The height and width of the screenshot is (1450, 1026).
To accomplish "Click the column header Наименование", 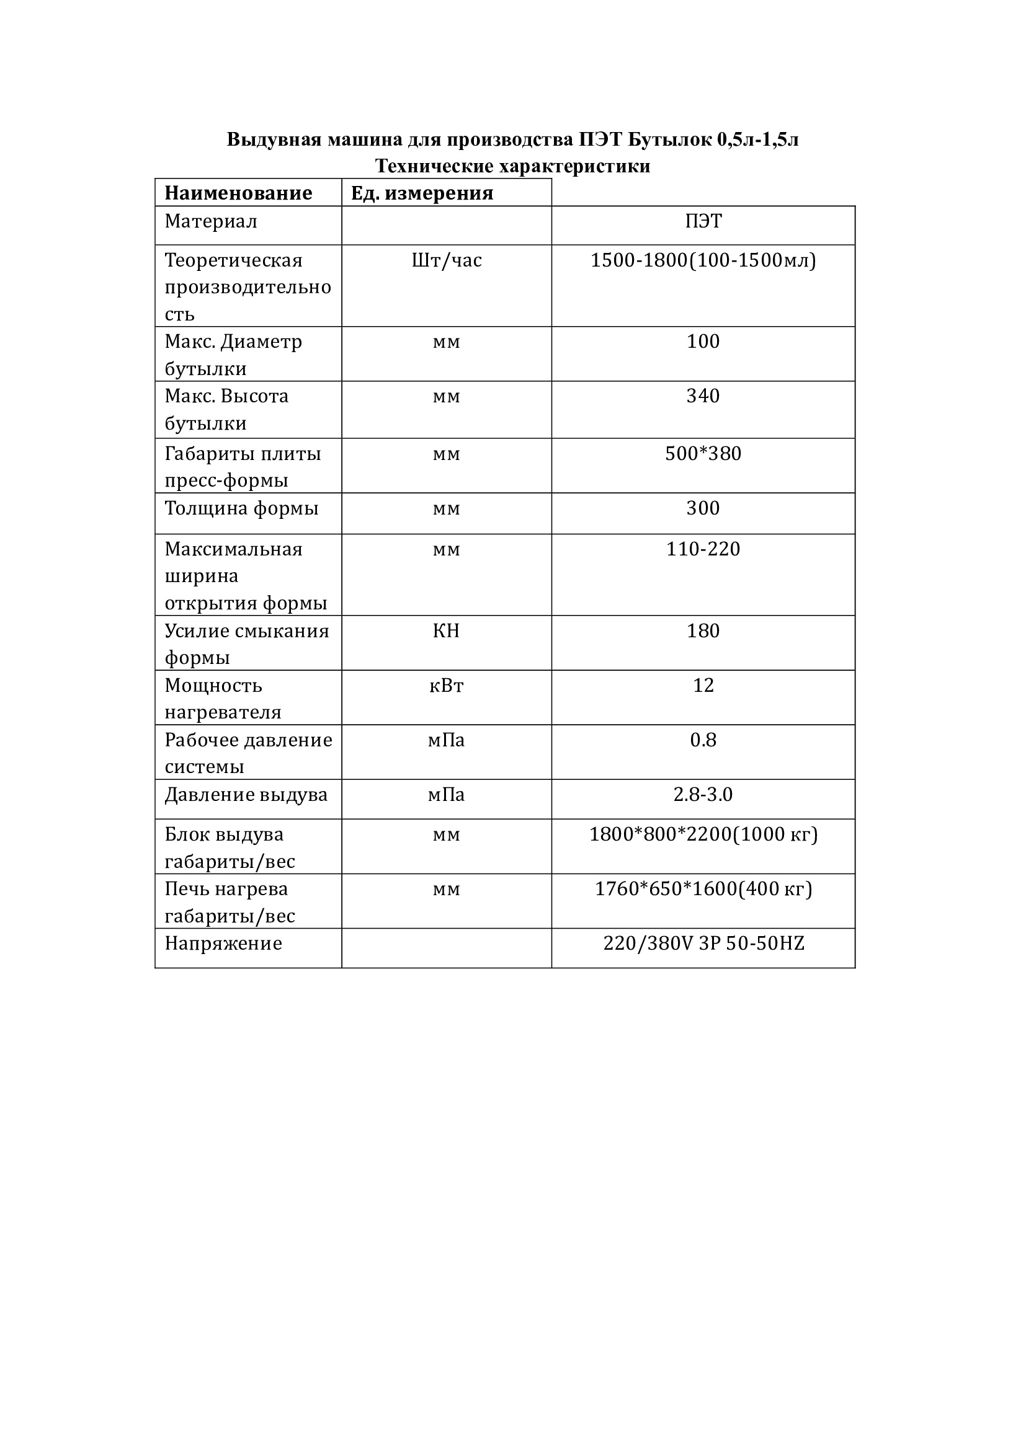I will [238, 193].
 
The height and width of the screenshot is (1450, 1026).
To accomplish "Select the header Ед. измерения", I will [422, 193].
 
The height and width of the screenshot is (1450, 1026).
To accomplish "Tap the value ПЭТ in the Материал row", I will [703, 221].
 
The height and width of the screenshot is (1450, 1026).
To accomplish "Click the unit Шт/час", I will [447, 260].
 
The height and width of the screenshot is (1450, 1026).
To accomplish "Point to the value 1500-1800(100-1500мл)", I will [703, 260].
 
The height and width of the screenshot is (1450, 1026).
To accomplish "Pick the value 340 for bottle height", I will [703, 396].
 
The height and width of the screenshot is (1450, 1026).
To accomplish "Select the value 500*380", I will [703, 453].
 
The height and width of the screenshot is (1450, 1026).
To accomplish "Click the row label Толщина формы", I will [241, 508].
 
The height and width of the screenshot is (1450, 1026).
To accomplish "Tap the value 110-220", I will [703, 549].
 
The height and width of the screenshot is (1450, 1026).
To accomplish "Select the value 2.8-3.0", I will [703, 795].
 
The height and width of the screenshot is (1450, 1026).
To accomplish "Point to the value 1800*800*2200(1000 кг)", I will [703, 835].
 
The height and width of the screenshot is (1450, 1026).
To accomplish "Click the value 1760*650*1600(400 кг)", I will [703, 889].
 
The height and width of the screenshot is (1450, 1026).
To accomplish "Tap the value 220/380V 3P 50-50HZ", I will [703, 944].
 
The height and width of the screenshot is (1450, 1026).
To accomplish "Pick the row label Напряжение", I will [223, 944].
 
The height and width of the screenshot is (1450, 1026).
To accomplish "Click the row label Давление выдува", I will [246, 795].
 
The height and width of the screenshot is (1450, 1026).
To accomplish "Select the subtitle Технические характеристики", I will [512, 166].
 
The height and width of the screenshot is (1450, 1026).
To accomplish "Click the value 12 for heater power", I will [703, 685].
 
